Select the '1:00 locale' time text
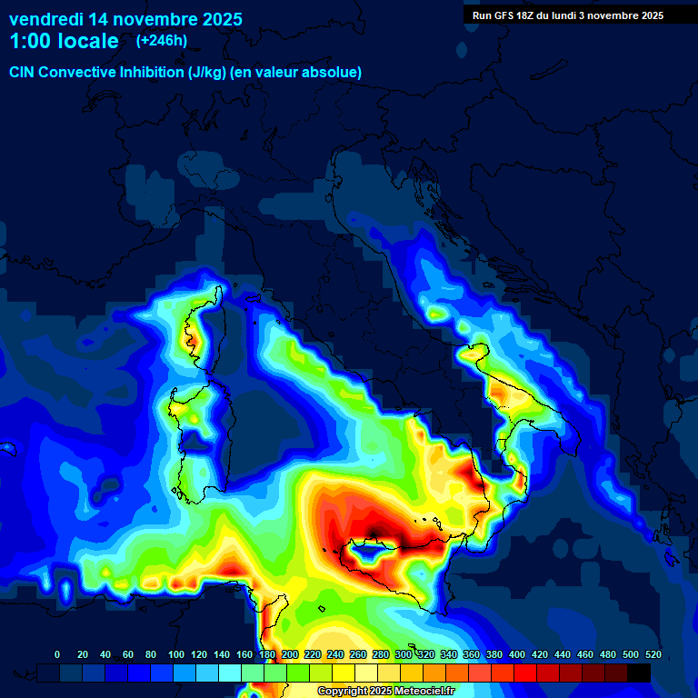[x=64, y=41]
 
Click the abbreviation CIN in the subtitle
[x=24, y=72]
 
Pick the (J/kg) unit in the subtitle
[x=209, y=72]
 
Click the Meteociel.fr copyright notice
[x=385, y=692]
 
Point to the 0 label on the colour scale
[x=57, y=654]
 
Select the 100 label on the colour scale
[x=175, y=654]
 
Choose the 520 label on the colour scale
[x=653, y=654]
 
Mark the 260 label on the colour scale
[x=357, y=654]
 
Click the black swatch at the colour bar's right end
[x=639, y=673]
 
